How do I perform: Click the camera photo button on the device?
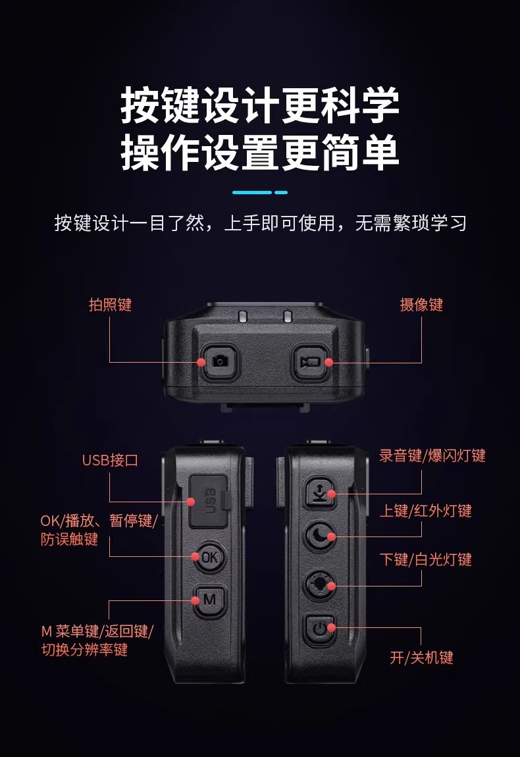(x=220, y=361)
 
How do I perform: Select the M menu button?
(x=209, y=600)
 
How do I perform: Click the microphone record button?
(x=320, y=492)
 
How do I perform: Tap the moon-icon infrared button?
(x=320, y=536)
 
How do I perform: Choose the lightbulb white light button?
(x=320, y=585)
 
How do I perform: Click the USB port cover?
(x=208, y=501)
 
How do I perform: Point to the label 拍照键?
(x=111, y=305)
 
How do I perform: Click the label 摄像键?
(x=421, y=305)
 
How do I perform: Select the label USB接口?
(x=110, y=460)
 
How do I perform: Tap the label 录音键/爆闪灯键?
(x=432, y=456)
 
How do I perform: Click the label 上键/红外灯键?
(x=426, y=510)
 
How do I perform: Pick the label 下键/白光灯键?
(x=426, y=560)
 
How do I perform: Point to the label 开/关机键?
(x=421, y=658)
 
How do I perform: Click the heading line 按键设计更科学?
(x=260, y=105)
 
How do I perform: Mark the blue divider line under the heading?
(x=260, y=192)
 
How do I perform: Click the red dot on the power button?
(x=331, y=627)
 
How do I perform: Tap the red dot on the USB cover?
(x=191, y=502)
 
